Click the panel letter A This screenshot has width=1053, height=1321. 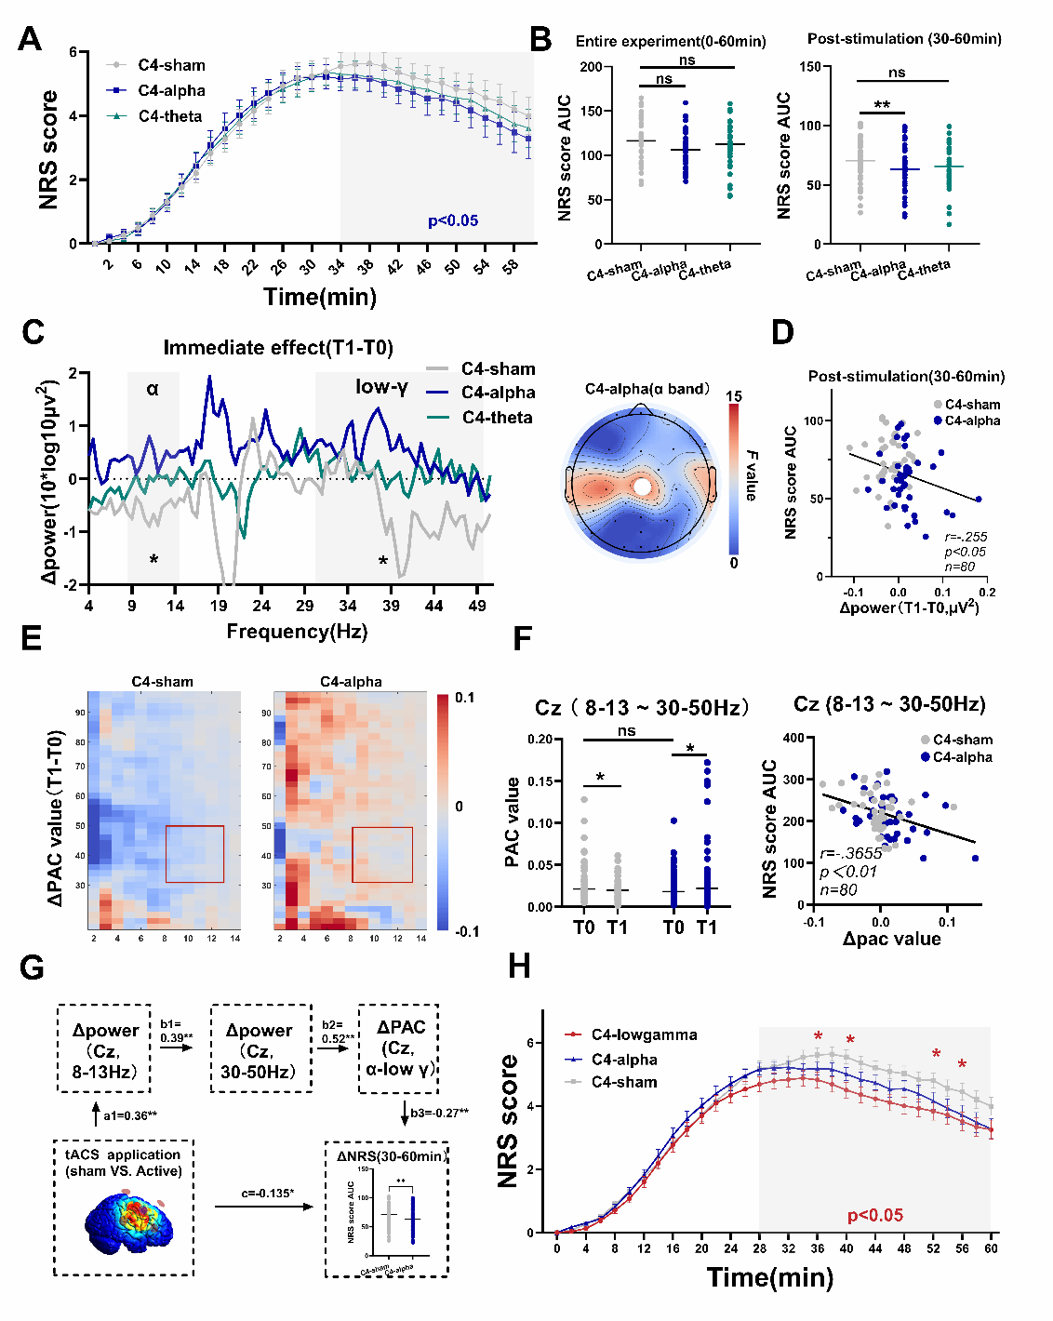coord(30,39)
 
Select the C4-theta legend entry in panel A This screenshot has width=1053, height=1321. coord(169,116)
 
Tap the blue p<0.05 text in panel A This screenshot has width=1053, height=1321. coord(453,221)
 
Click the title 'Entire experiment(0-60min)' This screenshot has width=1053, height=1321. coord(671,42)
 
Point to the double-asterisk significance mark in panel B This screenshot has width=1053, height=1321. coord(882,105)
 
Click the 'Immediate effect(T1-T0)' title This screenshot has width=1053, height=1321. coord(278,348)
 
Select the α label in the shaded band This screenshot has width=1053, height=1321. coord(153,389)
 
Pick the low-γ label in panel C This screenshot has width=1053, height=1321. coord(381,387)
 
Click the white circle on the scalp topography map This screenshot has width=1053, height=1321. coord(642,487)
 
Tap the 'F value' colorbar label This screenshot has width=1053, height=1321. coord(751,475)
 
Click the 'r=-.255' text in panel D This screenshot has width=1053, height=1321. coord(966,537)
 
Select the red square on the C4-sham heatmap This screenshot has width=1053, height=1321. coord(194,853)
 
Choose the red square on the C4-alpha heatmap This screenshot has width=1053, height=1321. coord(382,854)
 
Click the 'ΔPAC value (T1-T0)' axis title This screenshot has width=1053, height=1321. coord(55,819)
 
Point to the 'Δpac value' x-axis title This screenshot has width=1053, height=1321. coord(891,939)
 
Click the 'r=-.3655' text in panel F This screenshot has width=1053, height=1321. coord(850,853)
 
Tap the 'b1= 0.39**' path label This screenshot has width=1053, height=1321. coord(177,1031)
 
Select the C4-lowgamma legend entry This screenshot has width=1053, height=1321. coord(643,1034)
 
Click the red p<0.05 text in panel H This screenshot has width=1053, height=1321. coord(874,1215)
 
